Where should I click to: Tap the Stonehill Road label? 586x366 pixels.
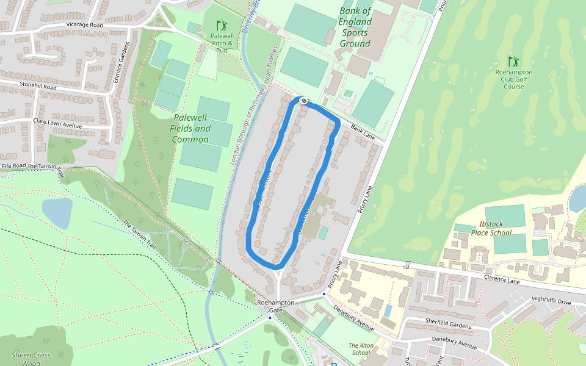[x=38, y=87]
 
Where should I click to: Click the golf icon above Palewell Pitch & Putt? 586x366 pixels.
[x=222, y=26]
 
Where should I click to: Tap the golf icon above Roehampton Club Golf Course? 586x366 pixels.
[x=513, y=61]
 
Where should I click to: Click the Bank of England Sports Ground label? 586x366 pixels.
[x=355, y=27]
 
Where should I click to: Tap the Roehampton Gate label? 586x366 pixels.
[x=275, y=306]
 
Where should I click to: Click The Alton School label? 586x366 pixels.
[x=360, y=349]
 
